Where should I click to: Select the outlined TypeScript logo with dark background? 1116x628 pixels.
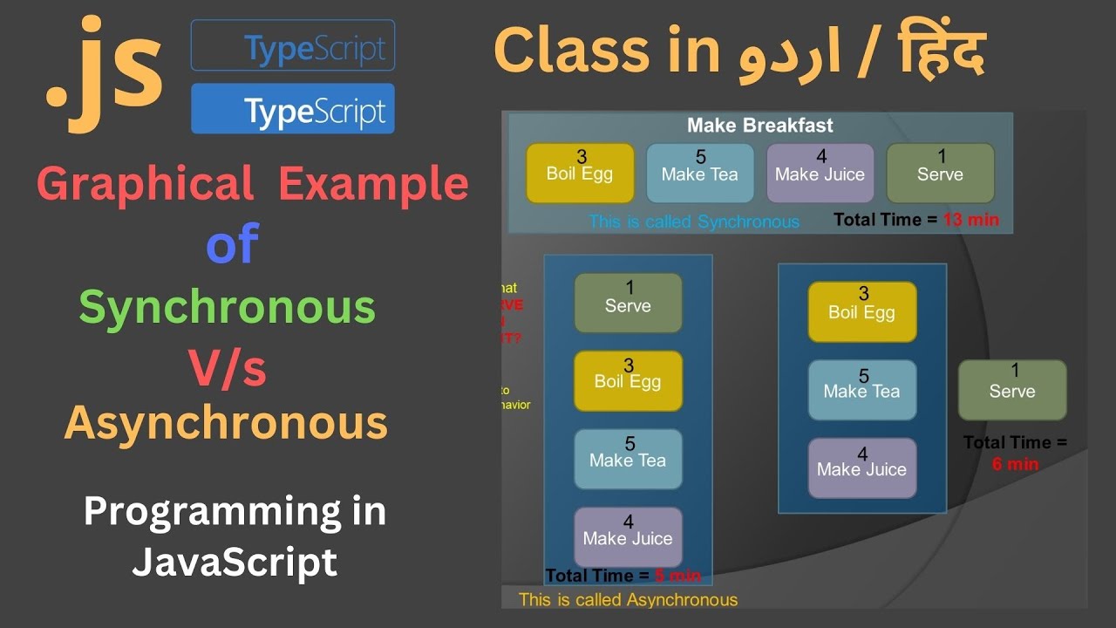point(293,45)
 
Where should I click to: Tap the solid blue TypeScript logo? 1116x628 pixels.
point(293,109)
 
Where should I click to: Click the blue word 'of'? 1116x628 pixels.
point(232,245)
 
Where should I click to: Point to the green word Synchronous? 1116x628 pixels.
point(227,306)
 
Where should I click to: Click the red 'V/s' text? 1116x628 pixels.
point(228,367)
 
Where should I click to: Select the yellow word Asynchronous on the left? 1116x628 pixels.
point(226,423)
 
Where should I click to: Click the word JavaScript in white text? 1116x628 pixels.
point(234,563)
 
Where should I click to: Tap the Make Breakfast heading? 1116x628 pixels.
point(759,126)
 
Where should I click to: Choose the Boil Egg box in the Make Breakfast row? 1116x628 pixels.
point(580,173)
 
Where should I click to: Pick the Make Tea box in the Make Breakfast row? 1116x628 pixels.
point(699,173)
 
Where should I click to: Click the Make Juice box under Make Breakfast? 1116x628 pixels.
point(820,173)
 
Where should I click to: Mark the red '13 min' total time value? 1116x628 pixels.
point(970,220)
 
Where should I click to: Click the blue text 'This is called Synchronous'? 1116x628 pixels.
point(693,222)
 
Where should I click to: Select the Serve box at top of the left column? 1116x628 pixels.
point(628,303)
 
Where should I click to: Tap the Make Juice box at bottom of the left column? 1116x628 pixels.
point(628,536)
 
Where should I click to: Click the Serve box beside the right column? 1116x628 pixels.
point(1011,390)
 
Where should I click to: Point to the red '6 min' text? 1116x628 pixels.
point(1015,464)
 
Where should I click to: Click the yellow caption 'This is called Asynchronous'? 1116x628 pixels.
point(628,600)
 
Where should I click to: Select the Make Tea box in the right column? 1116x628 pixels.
point(861,390)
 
